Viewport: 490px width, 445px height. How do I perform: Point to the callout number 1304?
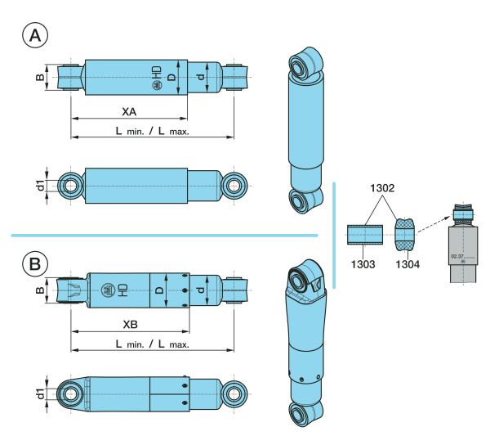click(406, 263)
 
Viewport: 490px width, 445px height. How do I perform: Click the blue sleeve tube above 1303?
click(365, 235)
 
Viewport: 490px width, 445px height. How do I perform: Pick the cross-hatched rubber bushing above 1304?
click(406, 235)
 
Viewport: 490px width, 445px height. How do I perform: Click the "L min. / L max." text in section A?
click(152, 131)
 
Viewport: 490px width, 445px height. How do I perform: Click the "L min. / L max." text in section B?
click(152, 344)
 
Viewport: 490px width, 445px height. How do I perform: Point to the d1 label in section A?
click(39, 185)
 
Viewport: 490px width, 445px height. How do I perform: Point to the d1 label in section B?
click(39, 394)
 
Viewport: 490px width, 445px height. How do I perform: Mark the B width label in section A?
click(39, 77)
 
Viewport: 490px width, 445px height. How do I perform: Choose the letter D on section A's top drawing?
click(171, 78)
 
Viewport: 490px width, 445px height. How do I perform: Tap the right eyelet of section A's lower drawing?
click(238, 185)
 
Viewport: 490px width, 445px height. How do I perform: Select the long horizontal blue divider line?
click(163, 236)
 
